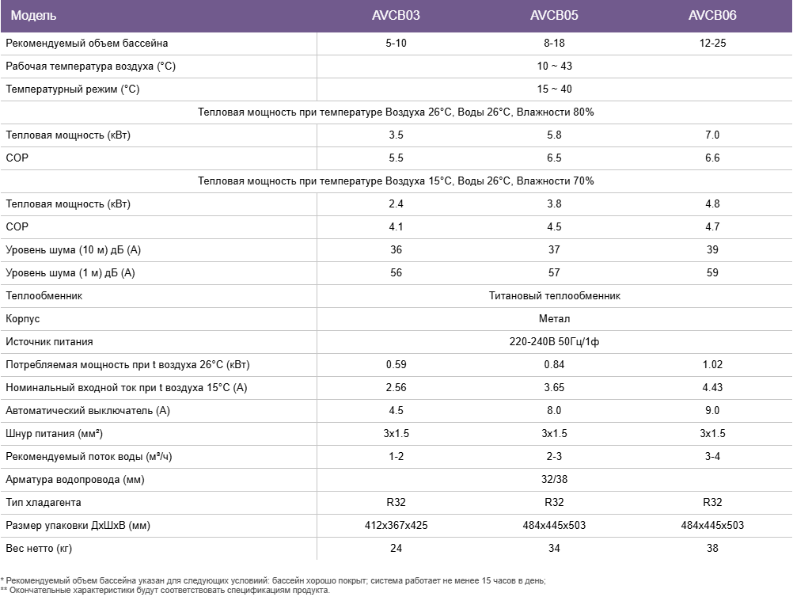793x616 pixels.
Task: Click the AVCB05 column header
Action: [554, 16]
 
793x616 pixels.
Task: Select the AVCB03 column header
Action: [396, 16]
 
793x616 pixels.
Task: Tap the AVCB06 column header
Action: [712, 16]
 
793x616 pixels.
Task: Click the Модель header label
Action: [34, 16]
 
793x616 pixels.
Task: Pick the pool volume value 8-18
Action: [554, 43]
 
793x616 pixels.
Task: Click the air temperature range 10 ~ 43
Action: [554, 66]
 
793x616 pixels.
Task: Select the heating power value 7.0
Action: [712, 135]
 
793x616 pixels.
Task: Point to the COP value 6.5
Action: [554, 158]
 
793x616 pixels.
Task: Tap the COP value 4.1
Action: [396, 226]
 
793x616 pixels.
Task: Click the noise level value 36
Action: [396, 249]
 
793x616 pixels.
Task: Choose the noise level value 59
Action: [712, 272]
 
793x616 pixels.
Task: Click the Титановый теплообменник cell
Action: [554, 295]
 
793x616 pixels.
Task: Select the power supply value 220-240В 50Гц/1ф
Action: [554, 341]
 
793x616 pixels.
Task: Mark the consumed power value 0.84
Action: [554, 364]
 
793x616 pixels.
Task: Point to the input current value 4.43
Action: [712, 387]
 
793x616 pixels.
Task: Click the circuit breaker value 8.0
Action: [554, 410]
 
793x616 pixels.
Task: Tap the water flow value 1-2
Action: [396, 456]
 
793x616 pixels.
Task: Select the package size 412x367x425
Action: [396, 525]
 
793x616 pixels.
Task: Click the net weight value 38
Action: [712, 548]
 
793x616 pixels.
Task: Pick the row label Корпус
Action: [23, 318]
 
